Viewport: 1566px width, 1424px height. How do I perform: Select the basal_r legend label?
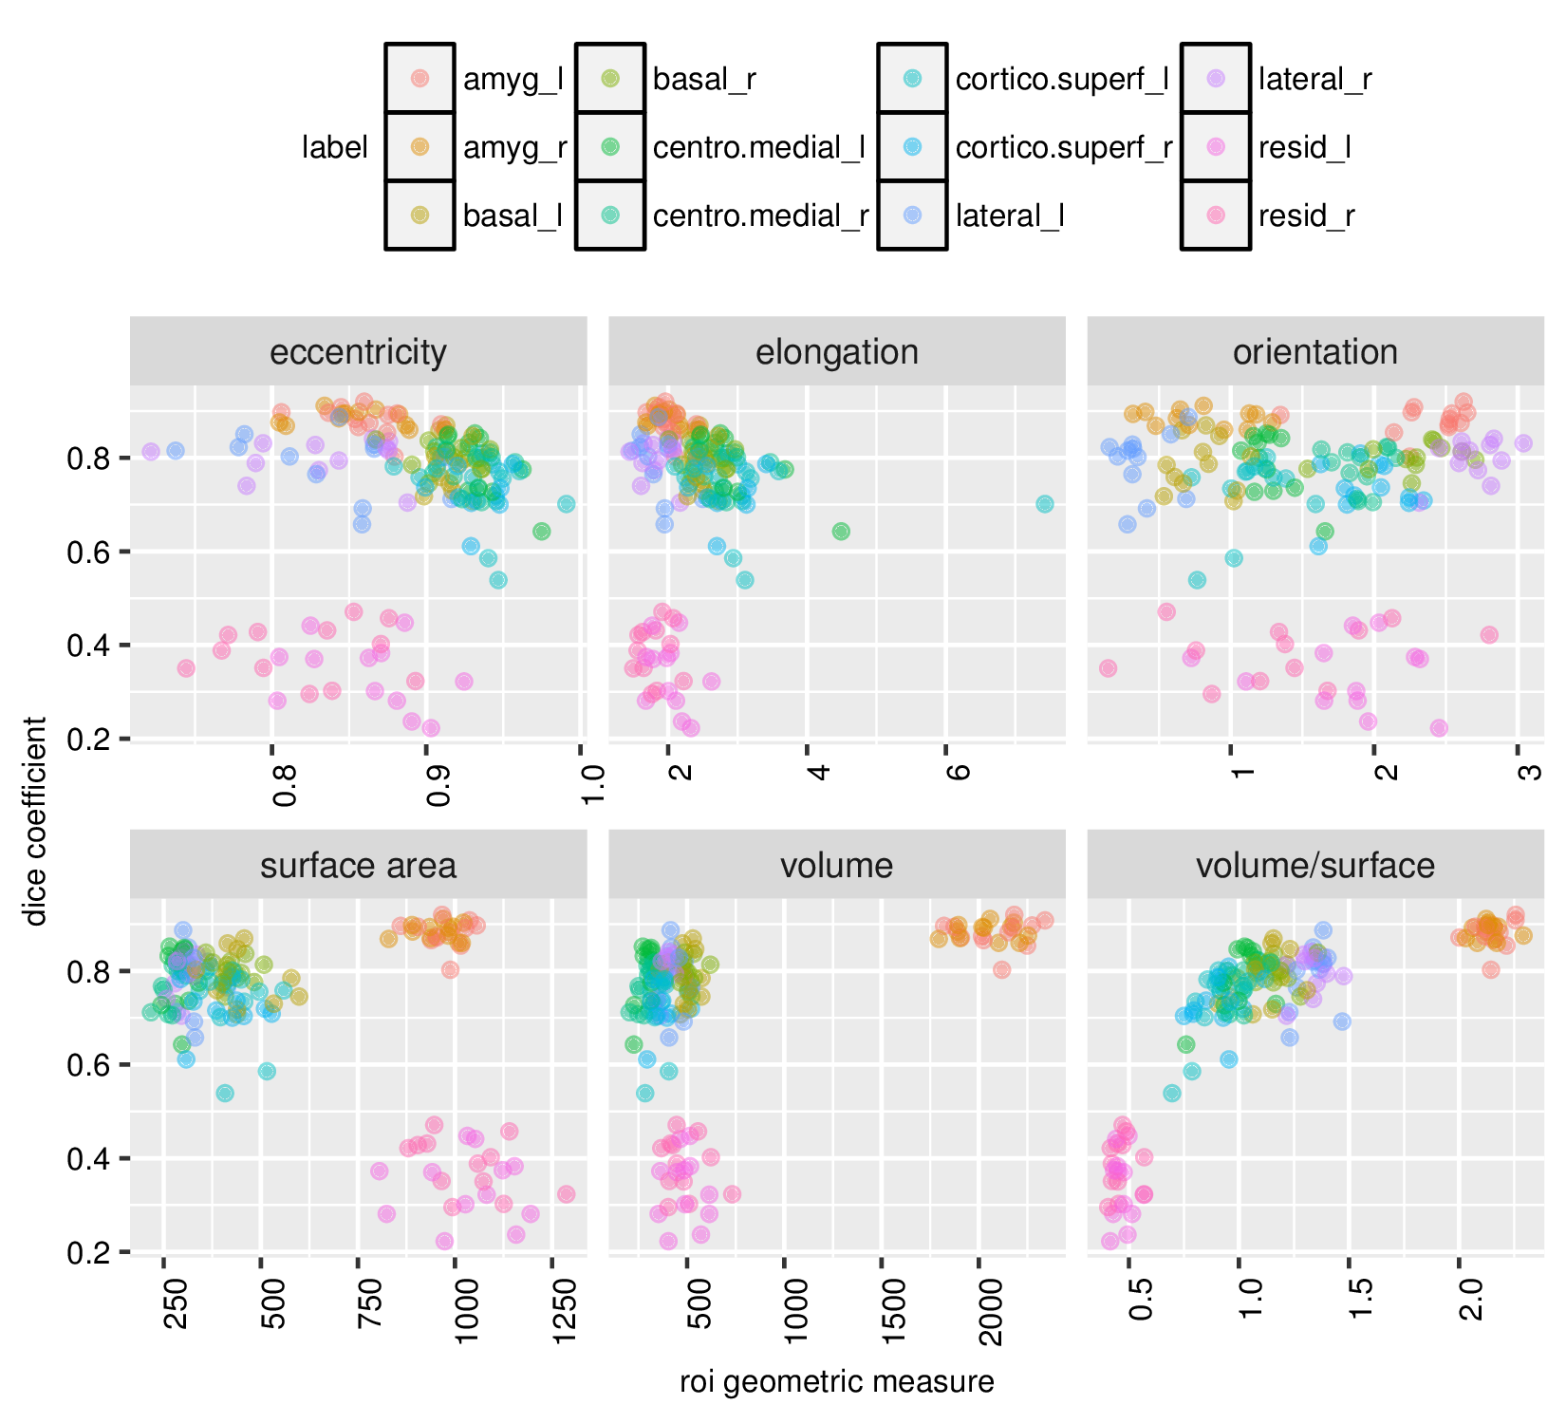[704, 80]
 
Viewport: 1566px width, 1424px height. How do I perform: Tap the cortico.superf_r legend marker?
[912, 147]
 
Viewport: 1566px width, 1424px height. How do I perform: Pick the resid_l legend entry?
[1304, 148]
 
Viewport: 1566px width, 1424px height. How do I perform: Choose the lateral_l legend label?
[1009, 216]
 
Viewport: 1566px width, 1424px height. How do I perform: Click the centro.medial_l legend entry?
[758, 148]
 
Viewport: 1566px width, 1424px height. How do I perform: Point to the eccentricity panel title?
[358, 352]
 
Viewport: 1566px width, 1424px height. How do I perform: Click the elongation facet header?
[836, 352]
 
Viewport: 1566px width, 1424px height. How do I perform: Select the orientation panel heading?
[1314, 352]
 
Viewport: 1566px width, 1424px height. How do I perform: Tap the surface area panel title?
[358, 866]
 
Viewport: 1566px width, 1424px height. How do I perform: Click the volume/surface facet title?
[1314, 866]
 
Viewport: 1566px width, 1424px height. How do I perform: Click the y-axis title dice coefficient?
[36, 821]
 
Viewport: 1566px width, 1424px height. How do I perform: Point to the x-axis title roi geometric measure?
[836, 1382]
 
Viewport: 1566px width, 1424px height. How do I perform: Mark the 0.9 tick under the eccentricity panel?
[438, 780]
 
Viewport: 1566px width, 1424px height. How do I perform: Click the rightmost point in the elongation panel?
[1044, 504]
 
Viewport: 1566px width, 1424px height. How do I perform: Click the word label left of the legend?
[334, 148]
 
